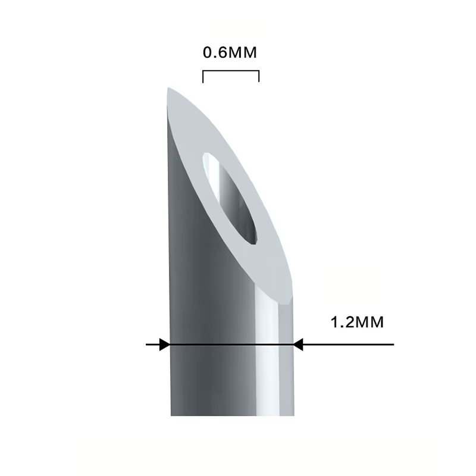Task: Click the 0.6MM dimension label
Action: [230, 52]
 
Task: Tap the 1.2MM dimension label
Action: [357, 322]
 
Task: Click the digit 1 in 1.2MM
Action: [334, 322]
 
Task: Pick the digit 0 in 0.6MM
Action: [208, 52]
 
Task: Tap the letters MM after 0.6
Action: [242, 52]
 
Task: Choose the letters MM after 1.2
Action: [369, 322]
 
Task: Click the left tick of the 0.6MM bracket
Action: [203, 77]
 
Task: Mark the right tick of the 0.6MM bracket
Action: [259, 76]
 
